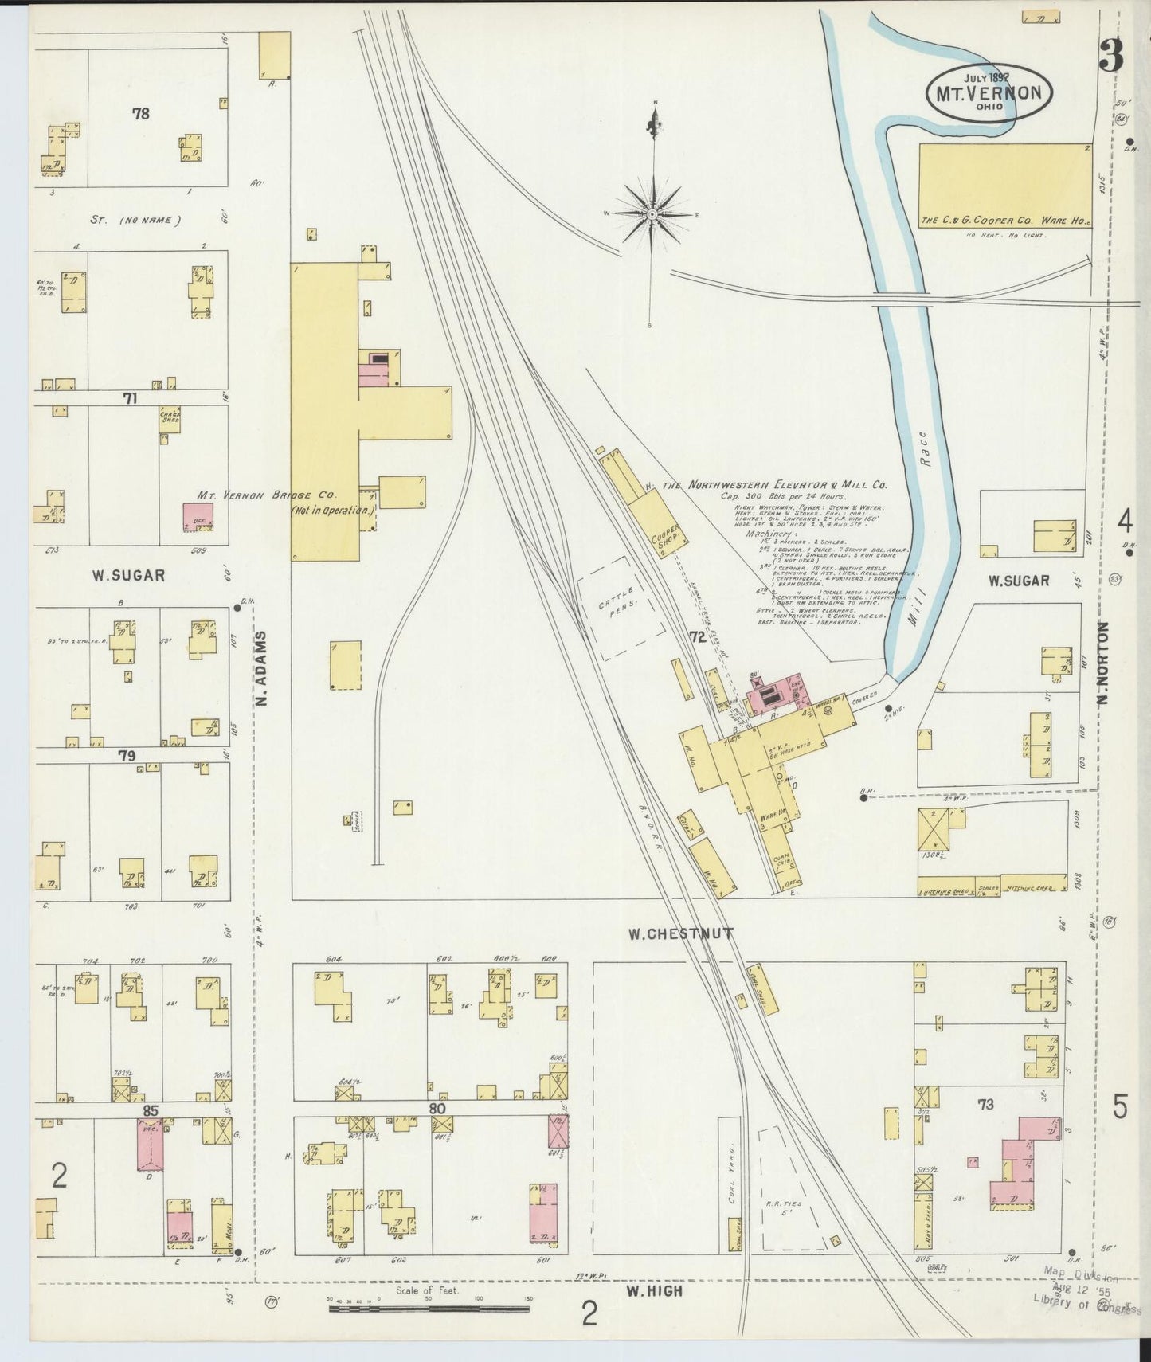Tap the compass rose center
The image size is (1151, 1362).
click(x=652, y=214)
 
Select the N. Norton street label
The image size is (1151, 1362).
click(x=1102, y=663)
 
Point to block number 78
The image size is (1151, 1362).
click(x=140, y=114)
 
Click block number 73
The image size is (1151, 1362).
click(x=985, y=1103)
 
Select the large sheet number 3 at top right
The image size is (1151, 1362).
click(x=1110, y=56)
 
